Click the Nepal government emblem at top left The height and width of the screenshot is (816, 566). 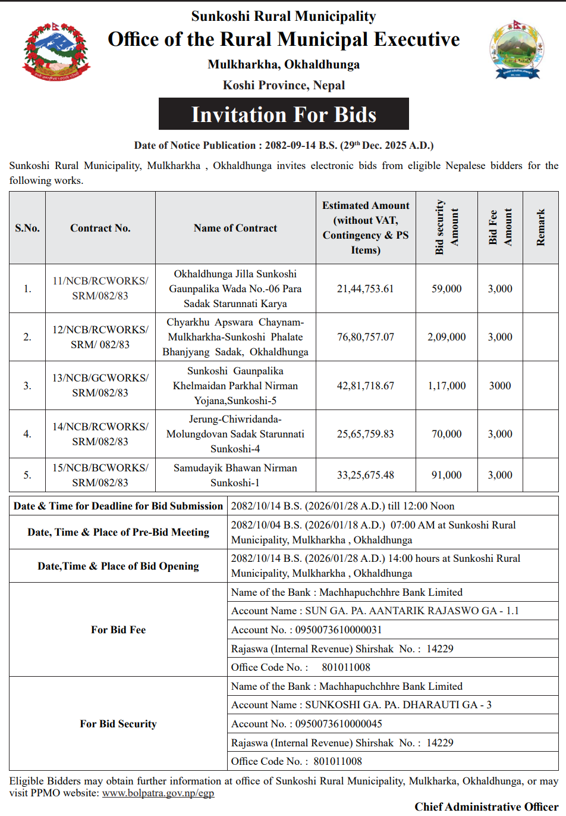click(x=56, y=52)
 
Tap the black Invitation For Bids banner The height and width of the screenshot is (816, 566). click(x=284, y=114)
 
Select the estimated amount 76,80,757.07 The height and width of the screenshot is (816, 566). click(x=365, y=337)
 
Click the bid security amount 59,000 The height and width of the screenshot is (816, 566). click(x=446, y=289)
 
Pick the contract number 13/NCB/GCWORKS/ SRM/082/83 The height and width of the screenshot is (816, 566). click(x=100, y=385)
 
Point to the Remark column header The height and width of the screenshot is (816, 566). click(x=540, y=227)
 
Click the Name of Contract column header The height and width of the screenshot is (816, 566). click(x=235, y=228)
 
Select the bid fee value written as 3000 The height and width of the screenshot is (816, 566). click(x=500, y=386)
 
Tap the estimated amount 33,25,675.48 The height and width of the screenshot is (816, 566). click(x=365, y=475)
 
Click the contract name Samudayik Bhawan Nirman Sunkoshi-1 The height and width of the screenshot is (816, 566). click(x=235, y=475)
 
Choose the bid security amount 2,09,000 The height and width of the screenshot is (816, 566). click(x=446, y=337)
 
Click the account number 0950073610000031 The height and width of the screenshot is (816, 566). click(x=338, y=630)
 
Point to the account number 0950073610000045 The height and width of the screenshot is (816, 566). click(x=338, y=724)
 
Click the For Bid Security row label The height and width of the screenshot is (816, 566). click(x=118, y=724)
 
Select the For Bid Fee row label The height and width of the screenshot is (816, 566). click(x=118, y=630)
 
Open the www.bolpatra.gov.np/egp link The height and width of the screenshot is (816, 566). click(x=158, y=793)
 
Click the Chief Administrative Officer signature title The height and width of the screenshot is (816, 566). click(x=486, y=806)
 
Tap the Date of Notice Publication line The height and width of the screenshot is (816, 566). click(x=284, y=145)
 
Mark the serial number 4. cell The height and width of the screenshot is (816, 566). click(x=27, y=434)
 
